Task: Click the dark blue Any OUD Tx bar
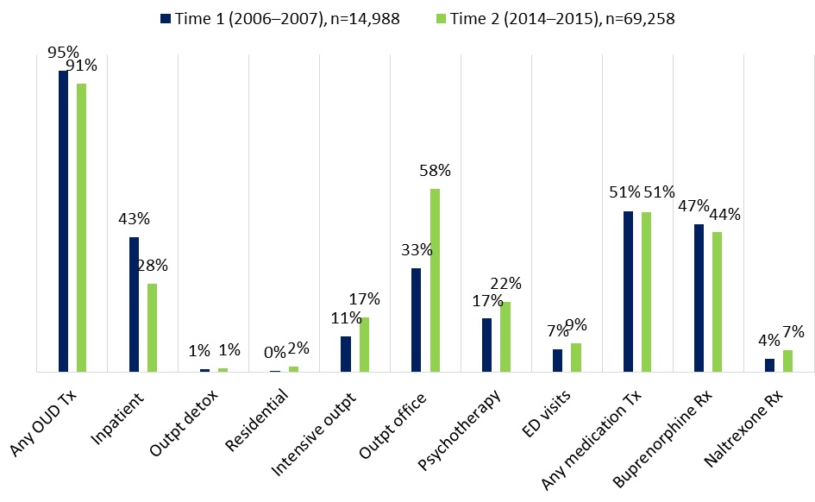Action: (x=63, y=221)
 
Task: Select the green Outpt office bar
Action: (x=436, y=280)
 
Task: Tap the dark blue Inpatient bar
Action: (x=134, y=304)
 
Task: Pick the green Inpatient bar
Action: (x=152, y=328)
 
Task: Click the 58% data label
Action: (x=434, y=171)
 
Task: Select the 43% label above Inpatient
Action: (x=135, y=220)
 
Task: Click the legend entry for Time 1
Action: (x=279, y=19)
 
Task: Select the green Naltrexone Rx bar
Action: (x=787, y=361)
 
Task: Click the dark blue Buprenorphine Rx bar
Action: (x=699, y=298)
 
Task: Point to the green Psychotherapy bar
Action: (x=505, y=336)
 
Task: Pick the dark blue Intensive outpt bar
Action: (x=346, y=354)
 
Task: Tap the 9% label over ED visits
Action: (x=575, y=325)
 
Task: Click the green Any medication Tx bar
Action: (x=646, y=292)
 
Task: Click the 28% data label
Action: (x=152, y=267)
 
